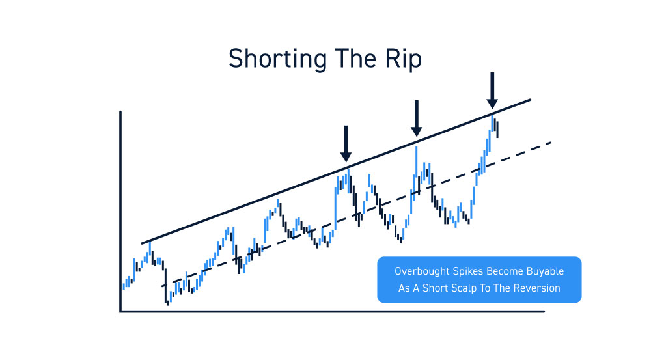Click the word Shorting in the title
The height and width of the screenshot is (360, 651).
278,59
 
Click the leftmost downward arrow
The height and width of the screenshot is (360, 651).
346,144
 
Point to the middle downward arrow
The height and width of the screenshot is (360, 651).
417,118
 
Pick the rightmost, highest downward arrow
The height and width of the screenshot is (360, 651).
492,90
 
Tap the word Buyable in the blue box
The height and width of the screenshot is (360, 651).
545,271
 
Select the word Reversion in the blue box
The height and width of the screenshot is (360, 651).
538,288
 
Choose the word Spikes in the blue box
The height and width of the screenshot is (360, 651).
467,271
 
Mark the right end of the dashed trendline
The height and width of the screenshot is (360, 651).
551,143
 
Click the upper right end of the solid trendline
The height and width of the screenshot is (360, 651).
530,100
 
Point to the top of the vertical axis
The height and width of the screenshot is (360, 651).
120,112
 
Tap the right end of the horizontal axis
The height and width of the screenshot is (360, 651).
544,311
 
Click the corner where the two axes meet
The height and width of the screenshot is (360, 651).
121,311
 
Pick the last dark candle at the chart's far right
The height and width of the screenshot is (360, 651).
497,130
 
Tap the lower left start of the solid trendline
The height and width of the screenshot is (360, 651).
142,243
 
